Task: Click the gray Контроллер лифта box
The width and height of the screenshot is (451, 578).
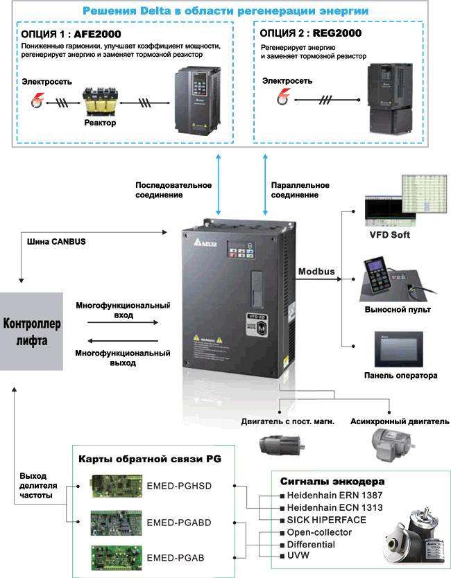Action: coord(32,331)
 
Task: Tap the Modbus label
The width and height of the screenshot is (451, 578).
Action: coord(316,271)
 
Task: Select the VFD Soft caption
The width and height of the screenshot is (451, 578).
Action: coord(389,235)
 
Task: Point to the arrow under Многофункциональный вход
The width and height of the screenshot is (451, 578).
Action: coord(114,322)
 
